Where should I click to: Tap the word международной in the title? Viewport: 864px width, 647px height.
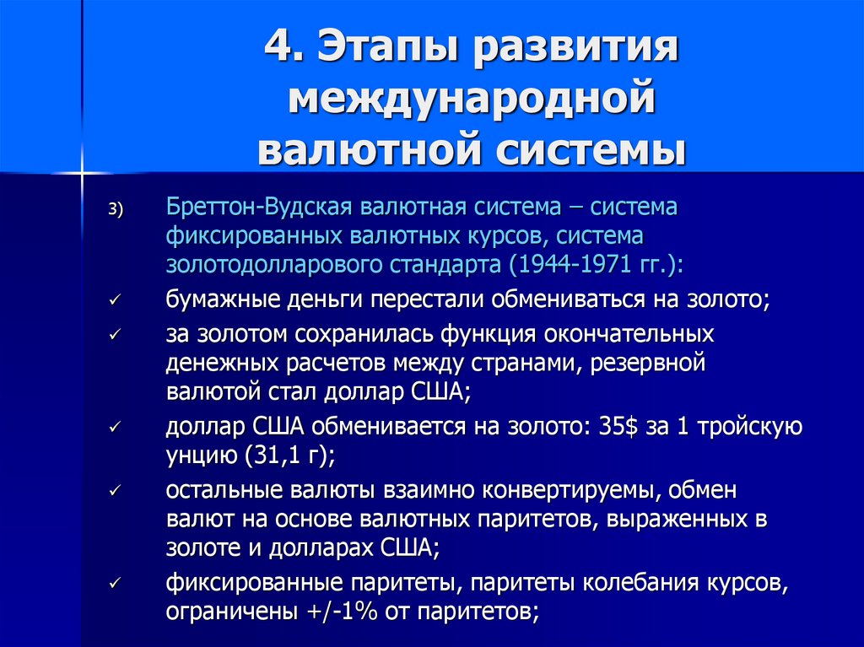(x=472, y=99)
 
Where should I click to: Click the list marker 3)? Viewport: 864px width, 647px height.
(x=116, y=210)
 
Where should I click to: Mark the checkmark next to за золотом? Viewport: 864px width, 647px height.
(x=115, y=334)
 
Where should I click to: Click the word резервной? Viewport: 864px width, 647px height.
(x=647, y=364)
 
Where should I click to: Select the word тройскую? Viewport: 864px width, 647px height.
(x=750, y=428)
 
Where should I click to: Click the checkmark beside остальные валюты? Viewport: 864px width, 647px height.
(x=115, y=490)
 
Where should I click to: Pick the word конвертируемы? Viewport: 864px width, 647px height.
(x=570, y=490)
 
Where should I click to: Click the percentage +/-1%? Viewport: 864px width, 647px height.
(x=340, y=612)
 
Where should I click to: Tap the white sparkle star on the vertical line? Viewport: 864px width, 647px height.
(x=82, y=174)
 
